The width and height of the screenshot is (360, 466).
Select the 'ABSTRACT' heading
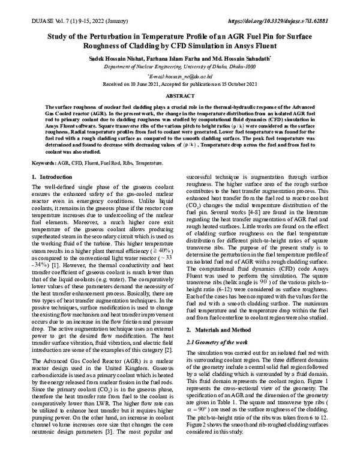pos(180,97)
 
